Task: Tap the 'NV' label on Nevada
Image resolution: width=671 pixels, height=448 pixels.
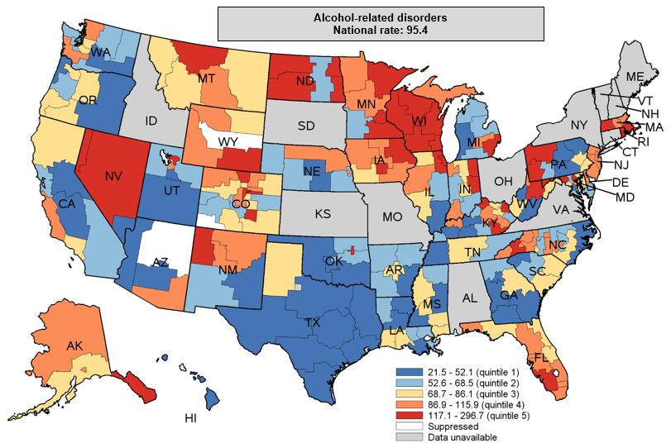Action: (x=112, y=177)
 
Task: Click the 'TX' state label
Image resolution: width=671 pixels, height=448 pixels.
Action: (x=314, y=322)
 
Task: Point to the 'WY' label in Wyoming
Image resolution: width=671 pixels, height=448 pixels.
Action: (x=228, y=141)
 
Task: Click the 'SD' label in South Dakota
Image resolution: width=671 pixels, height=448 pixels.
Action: (x=307, y=126)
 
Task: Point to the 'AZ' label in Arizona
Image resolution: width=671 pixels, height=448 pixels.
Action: (x=161, y=262)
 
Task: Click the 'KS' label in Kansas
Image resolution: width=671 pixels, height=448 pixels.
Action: (x=322, y=214)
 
